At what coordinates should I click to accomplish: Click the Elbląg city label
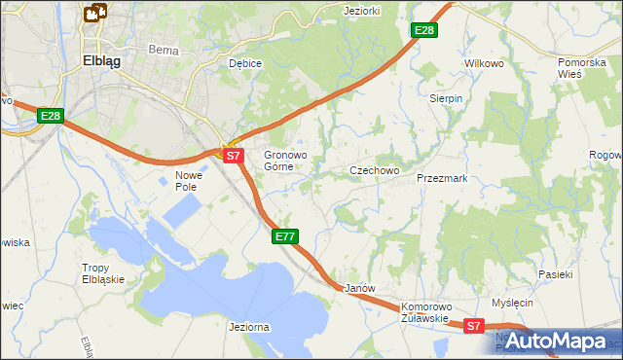[101, 58]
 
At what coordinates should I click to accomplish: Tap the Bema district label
[159, 49]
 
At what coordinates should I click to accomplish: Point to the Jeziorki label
[362, 11]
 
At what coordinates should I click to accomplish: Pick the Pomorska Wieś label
[583, 68]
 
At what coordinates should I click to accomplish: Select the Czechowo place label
[375, 171]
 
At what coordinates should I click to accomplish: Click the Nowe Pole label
[187, 181]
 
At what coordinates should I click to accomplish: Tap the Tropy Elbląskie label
[108, 274]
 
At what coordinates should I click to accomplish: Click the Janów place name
[360, 289]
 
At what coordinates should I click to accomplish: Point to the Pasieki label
[555, 275]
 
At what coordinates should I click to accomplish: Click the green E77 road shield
[284, 236]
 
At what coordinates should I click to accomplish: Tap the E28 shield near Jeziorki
[424, 31]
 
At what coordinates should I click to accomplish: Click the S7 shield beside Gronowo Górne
[232, 155]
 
